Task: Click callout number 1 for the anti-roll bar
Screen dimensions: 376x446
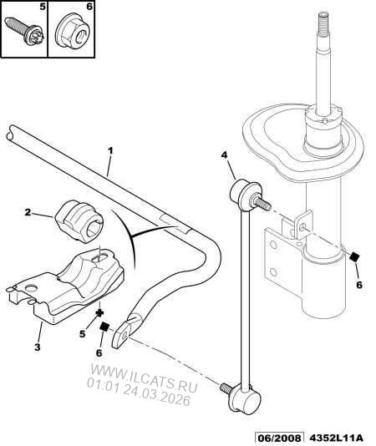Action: point(110,150)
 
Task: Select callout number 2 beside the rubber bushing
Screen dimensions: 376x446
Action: point(28,212)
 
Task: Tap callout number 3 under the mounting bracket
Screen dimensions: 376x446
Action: point(38,347)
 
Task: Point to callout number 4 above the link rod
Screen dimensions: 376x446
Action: point(224,155)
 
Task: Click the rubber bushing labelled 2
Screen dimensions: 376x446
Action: point(79,221)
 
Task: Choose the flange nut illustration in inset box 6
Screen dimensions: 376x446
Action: point(72,33)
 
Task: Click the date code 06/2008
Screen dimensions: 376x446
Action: point(278,438)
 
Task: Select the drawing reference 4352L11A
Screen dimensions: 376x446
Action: point(335,438)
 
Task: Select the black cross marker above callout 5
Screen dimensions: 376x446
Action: point(99,313)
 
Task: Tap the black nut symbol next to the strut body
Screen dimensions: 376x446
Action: point(354,257)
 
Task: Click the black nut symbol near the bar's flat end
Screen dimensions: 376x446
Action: point(104,327)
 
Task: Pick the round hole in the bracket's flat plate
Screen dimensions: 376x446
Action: point(32,288)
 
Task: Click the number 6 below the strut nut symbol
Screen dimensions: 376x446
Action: point(359,285)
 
